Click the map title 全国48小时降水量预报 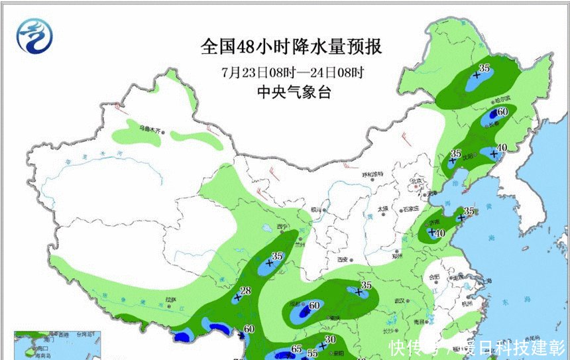(292, 48)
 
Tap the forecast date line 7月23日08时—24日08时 (292, 71)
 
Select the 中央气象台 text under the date (292, 92)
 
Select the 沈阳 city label (469, 157)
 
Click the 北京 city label (416, 180)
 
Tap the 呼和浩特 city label (372, 174)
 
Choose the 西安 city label (345, 259)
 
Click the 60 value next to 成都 (314, 305)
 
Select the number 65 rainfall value (296, 349)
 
